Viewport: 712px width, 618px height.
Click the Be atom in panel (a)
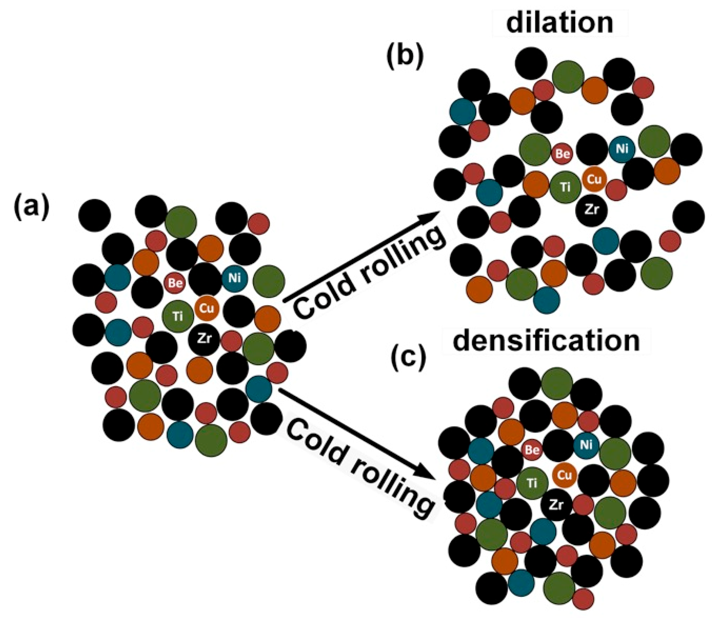(175, 283)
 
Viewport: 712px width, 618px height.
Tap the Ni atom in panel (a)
(234, 278)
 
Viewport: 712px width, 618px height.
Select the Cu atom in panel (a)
(207, 308)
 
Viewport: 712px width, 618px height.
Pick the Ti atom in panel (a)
(178, 316)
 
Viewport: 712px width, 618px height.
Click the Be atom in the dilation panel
(562, 154)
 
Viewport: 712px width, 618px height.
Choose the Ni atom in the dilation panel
(622, 149)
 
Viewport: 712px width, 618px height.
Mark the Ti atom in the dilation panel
(565, 187)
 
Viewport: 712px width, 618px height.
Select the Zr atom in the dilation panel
(591, 209)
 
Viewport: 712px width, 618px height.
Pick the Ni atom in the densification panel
(586, 445)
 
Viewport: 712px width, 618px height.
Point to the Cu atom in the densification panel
(565, 475)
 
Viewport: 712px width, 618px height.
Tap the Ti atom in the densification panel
(532, 483)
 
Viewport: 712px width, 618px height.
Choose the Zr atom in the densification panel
(556, 505)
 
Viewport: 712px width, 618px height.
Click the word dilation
(560, 23)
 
